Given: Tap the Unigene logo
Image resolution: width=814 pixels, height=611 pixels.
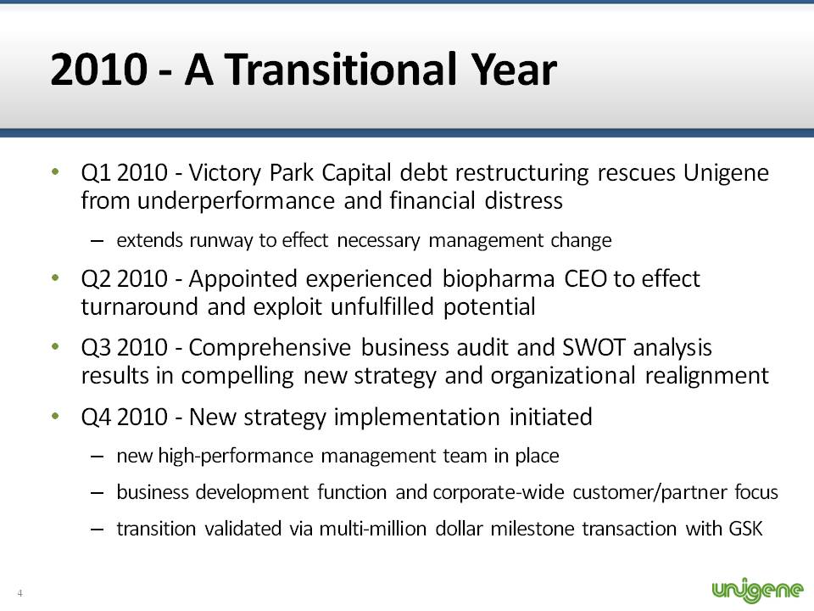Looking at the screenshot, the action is click(x=758, y=591).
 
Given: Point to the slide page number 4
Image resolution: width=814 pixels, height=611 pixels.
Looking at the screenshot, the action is click(x=20, y=593).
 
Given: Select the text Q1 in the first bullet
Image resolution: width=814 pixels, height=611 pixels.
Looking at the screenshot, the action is click(x=96, y=173).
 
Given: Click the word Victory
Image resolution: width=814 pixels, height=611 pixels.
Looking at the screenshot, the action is click(x=225, y=173).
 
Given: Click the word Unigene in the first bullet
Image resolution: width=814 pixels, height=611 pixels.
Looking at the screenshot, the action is click(x=726, y=173).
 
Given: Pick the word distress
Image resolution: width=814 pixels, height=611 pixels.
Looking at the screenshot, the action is click(x=524, y=200).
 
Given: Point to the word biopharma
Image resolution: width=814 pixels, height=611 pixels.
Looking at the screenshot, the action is click(x=499, y=280).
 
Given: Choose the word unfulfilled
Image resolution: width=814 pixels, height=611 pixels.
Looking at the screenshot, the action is click(x=382, y=306).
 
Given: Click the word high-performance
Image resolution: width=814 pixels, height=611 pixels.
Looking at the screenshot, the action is click(x=236, y=457).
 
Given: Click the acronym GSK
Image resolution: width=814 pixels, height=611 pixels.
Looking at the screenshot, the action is click(x=745, y=529).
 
